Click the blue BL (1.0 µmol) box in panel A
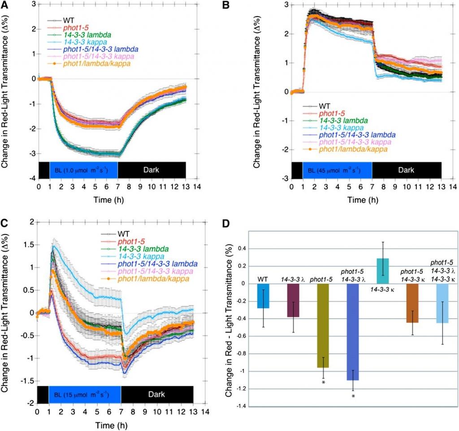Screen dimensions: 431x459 tap(83, 170)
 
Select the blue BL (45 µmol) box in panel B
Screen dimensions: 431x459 tap(337, 170)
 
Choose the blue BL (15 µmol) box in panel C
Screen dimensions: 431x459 tap(85, 395)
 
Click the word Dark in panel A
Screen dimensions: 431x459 tap(151, 170)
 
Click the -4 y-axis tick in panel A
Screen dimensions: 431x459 tap(32, 178)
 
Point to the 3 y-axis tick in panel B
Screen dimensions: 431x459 tap(286, 5)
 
